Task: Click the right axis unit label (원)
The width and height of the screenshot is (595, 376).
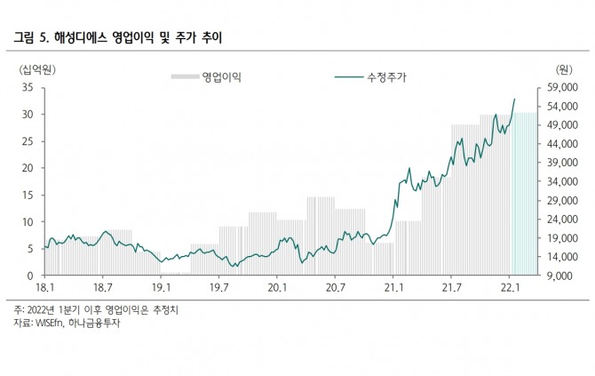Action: point(562,69)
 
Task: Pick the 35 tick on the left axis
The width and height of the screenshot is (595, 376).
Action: point(27,87)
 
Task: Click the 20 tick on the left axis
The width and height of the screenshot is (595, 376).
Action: point(27,168)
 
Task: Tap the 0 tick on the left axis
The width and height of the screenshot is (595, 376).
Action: point(29,276)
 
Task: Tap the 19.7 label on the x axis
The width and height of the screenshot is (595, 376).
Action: point(218,288)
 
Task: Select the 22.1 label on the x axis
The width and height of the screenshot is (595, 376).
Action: point(510,288)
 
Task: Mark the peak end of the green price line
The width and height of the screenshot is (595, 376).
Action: point(515,99)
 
